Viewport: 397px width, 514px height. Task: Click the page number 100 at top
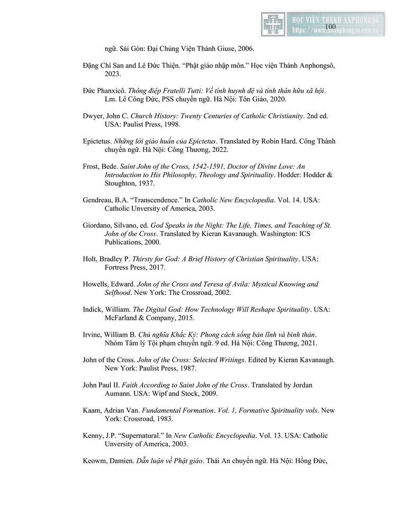(x=330, y=26)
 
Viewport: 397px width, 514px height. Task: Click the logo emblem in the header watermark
(x=273, y=24)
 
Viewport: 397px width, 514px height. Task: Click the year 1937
(x=143, y=183)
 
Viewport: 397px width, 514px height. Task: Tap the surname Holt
(x=91, y=259)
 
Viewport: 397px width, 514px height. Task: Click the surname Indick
(x=94, y=309)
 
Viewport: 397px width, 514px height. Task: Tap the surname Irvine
(x=93, y=335)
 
